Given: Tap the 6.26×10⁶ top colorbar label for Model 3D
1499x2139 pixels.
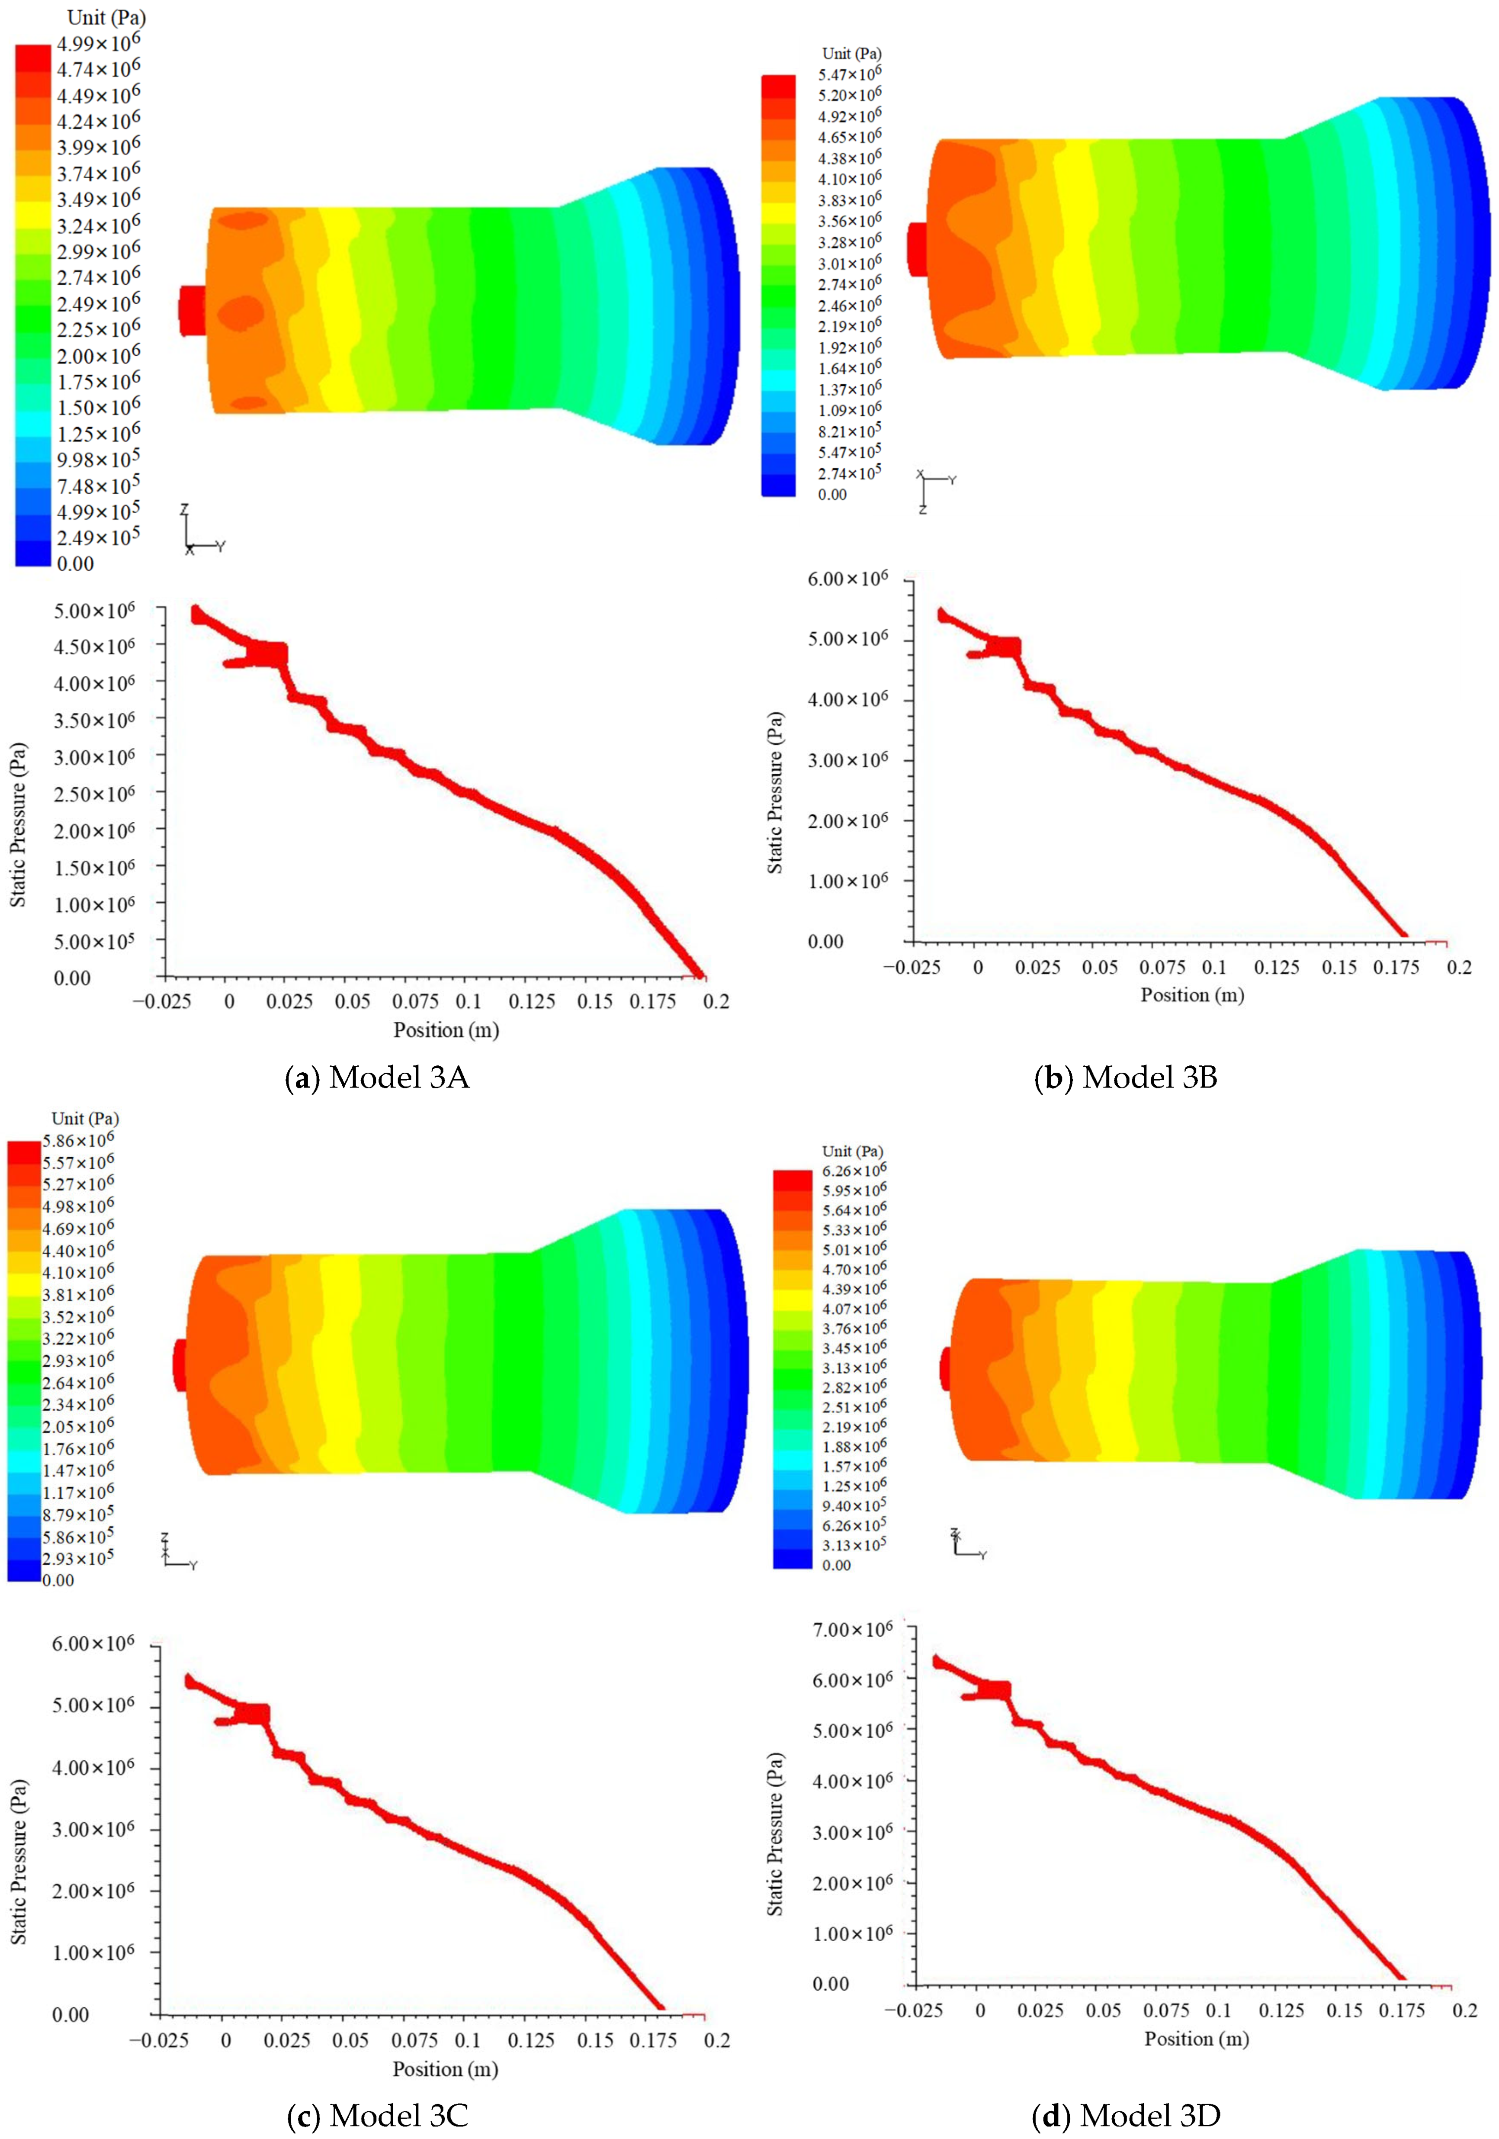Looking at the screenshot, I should point(854,1171).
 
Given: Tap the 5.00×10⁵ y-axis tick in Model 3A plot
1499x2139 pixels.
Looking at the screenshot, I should point(93,942).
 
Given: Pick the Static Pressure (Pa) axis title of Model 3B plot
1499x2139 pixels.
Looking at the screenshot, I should point(775,792).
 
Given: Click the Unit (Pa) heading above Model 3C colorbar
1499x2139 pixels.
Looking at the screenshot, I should point(85,1118).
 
